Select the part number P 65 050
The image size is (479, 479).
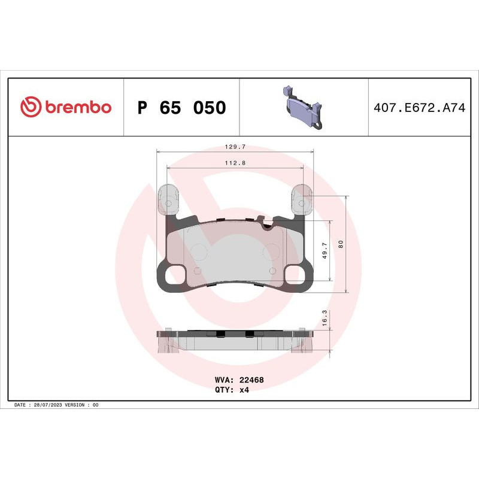181,108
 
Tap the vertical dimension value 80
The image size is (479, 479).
340,244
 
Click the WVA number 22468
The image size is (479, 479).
252,380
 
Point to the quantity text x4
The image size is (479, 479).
244,389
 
